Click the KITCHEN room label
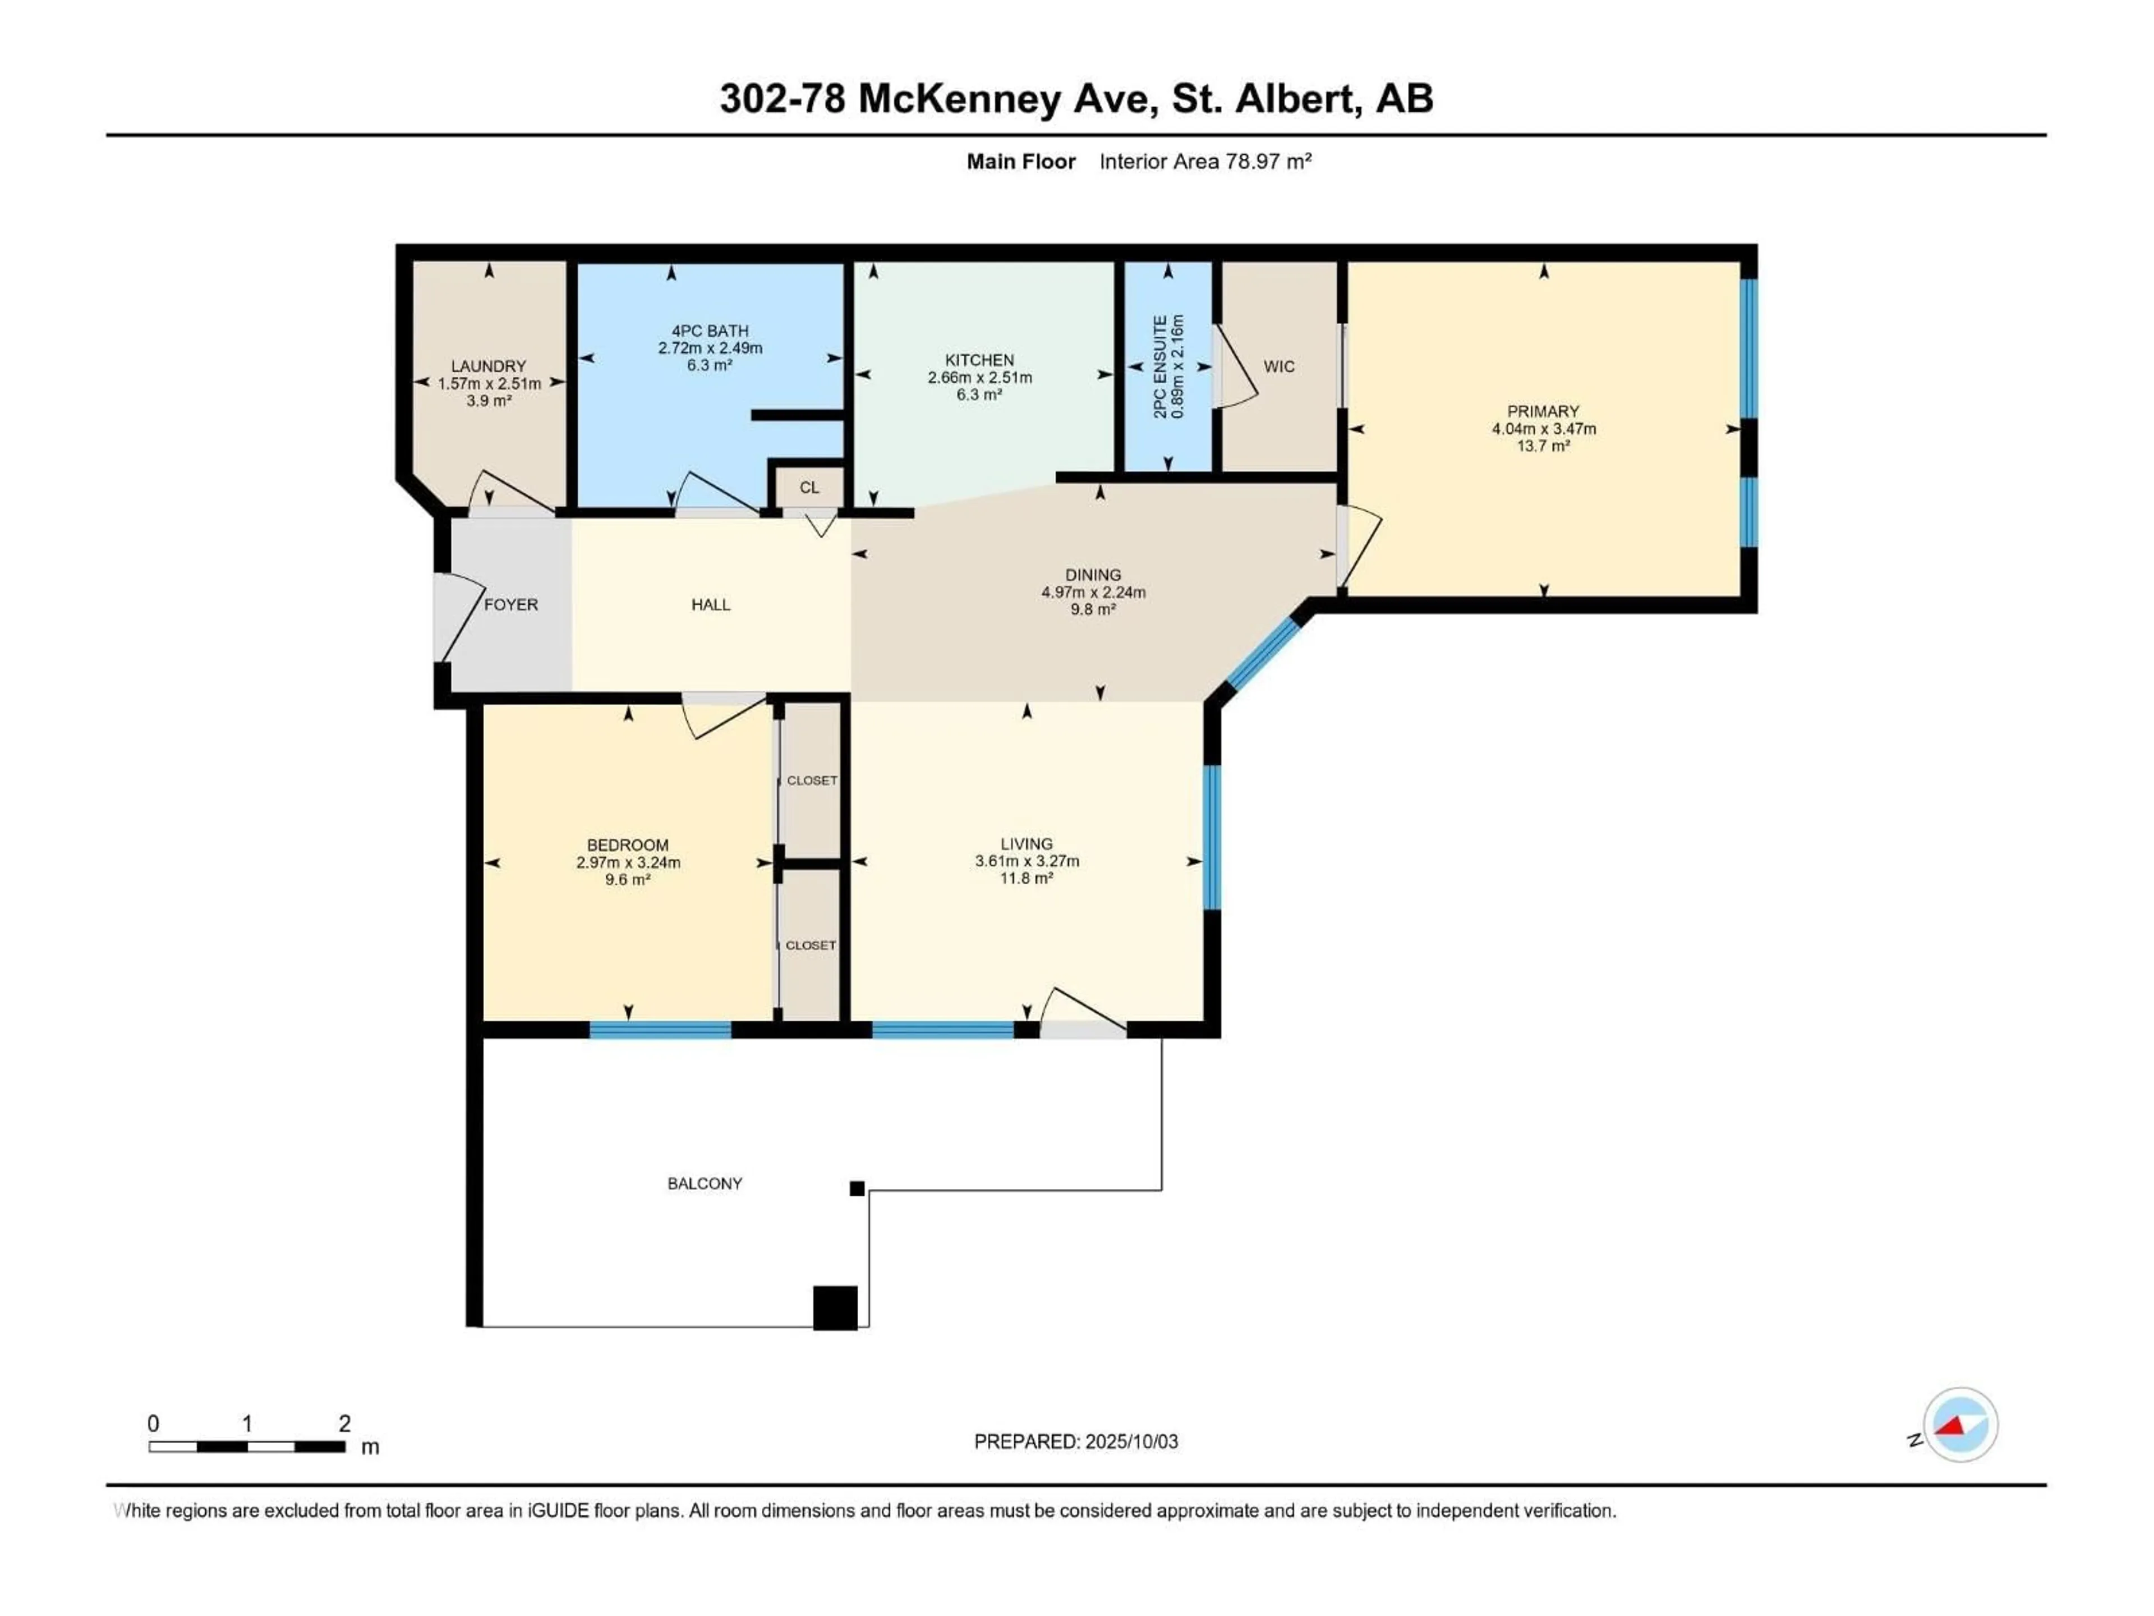(x=979, y=360)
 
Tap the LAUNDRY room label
(x=488, y=366)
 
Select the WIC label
(x=1278, y=366)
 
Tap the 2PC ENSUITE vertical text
(x=1160, y=366)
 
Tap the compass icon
(x=1960, y=1424)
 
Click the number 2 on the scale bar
(x=345, y=1423)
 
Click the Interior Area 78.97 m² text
(x=1205, y=162)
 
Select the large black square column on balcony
(x=835, y=1308)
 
